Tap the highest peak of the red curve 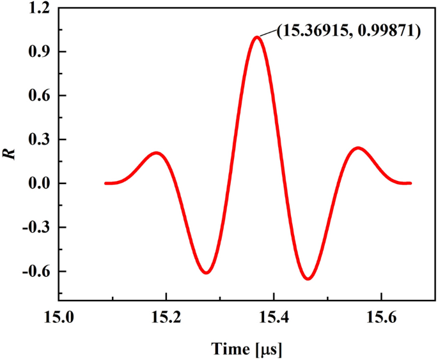(x=257, y=37)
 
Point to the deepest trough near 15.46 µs (x=308, y=279)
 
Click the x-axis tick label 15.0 (x=59, y=316)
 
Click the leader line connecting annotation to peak (x=267, y=34)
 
